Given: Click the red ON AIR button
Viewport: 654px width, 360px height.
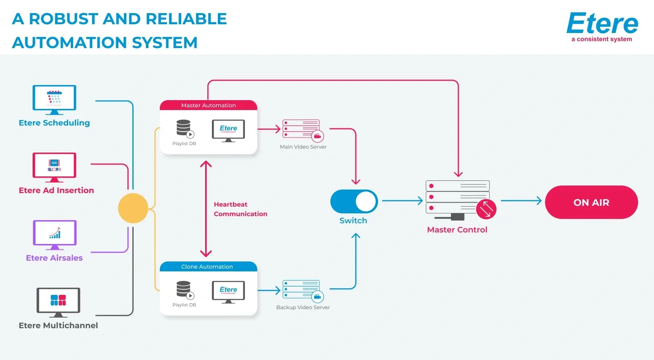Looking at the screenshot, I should click(591, 202).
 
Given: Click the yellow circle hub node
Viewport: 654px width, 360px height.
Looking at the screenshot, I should click(133, 208).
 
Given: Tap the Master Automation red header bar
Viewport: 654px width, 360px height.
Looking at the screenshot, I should click(208, 105).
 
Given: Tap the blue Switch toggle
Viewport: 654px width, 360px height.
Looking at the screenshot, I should click(354, 201).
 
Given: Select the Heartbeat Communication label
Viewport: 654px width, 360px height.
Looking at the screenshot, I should click(240, 209).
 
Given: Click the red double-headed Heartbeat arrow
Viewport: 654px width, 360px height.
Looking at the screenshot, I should click(206, 209).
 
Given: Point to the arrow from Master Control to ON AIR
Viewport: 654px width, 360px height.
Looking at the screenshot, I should click(521, 201).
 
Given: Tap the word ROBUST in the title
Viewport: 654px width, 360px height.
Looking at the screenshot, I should click(64, 19).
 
